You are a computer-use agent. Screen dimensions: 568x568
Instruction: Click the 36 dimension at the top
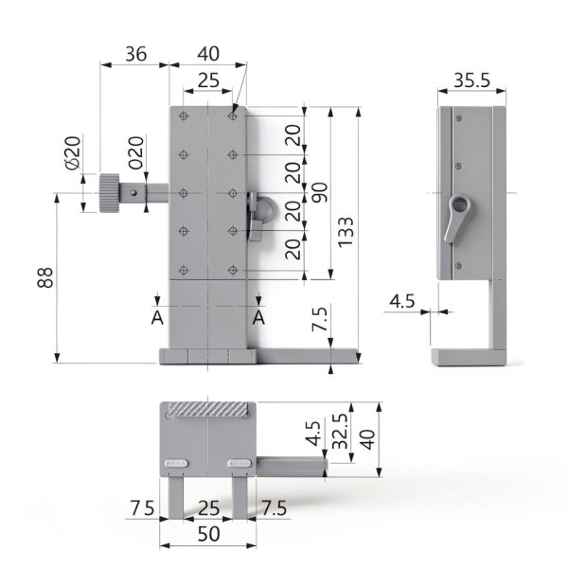pyautogui.click(x=135, y=54)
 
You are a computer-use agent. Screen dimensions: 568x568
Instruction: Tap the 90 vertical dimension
pyautogui.click(x=320, y=192)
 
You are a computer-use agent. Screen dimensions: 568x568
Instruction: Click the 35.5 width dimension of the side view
pyautogui.click(x=470, y=80)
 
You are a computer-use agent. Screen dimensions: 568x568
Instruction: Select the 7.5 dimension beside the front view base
pyautogui.click(x=320, y=321)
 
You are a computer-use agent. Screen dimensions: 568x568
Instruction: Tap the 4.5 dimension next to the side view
pyautogui.click(x=402, y=301)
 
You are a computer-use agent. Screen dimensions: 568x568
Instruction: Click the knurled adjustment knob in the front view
pyautogui.click(x=109, y=193)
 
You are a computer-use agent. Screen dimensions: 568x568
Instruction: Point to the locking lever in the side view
pyautogui.click(x=457, y=216)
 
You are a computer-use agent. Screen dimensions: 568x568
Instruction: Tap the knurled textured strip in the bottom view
pyautogui.click(x=209, y=410)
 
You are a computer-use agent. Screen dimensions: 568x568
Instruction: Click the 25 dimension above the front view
pyautogui.click(x=208, y=81)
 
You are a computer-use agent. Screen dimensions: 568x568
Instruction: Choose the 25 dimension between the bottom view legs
pyautogui.click(x=208, y=508)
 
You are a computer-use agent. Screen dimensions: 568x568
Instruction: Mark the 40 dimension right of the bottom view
pyautogui.click(x=367, y=440)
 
